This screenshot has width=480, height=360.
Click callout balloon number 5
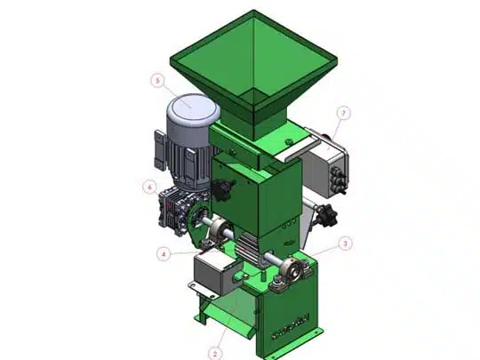pos(157,81)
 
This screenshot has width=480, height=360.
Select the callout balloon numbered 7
pos(343,113)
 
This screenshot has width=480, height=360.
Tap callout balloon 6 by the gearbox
pos(149,187)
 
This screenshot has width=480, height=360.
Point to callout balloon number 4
pos(164,254)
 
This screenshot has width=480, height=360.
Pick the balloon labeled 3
pos(345,244)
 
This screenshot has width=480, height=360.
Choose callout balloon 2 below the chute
pos(215,354)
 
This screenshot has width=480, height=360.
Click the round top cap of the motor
pos(194,108)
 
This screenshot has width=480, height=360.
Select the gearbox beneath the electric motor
pos(172,209)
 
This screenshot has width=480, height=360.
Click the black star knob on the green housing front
pos(223,190)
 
